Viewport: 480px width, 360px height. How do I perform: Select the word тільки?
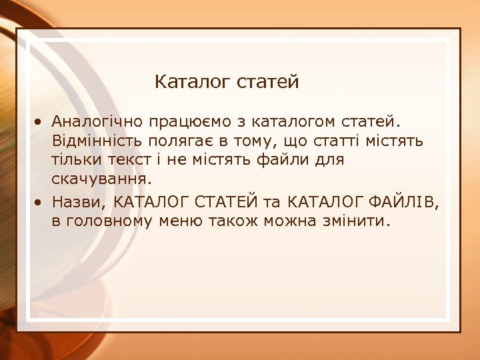tap(75, 160)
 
